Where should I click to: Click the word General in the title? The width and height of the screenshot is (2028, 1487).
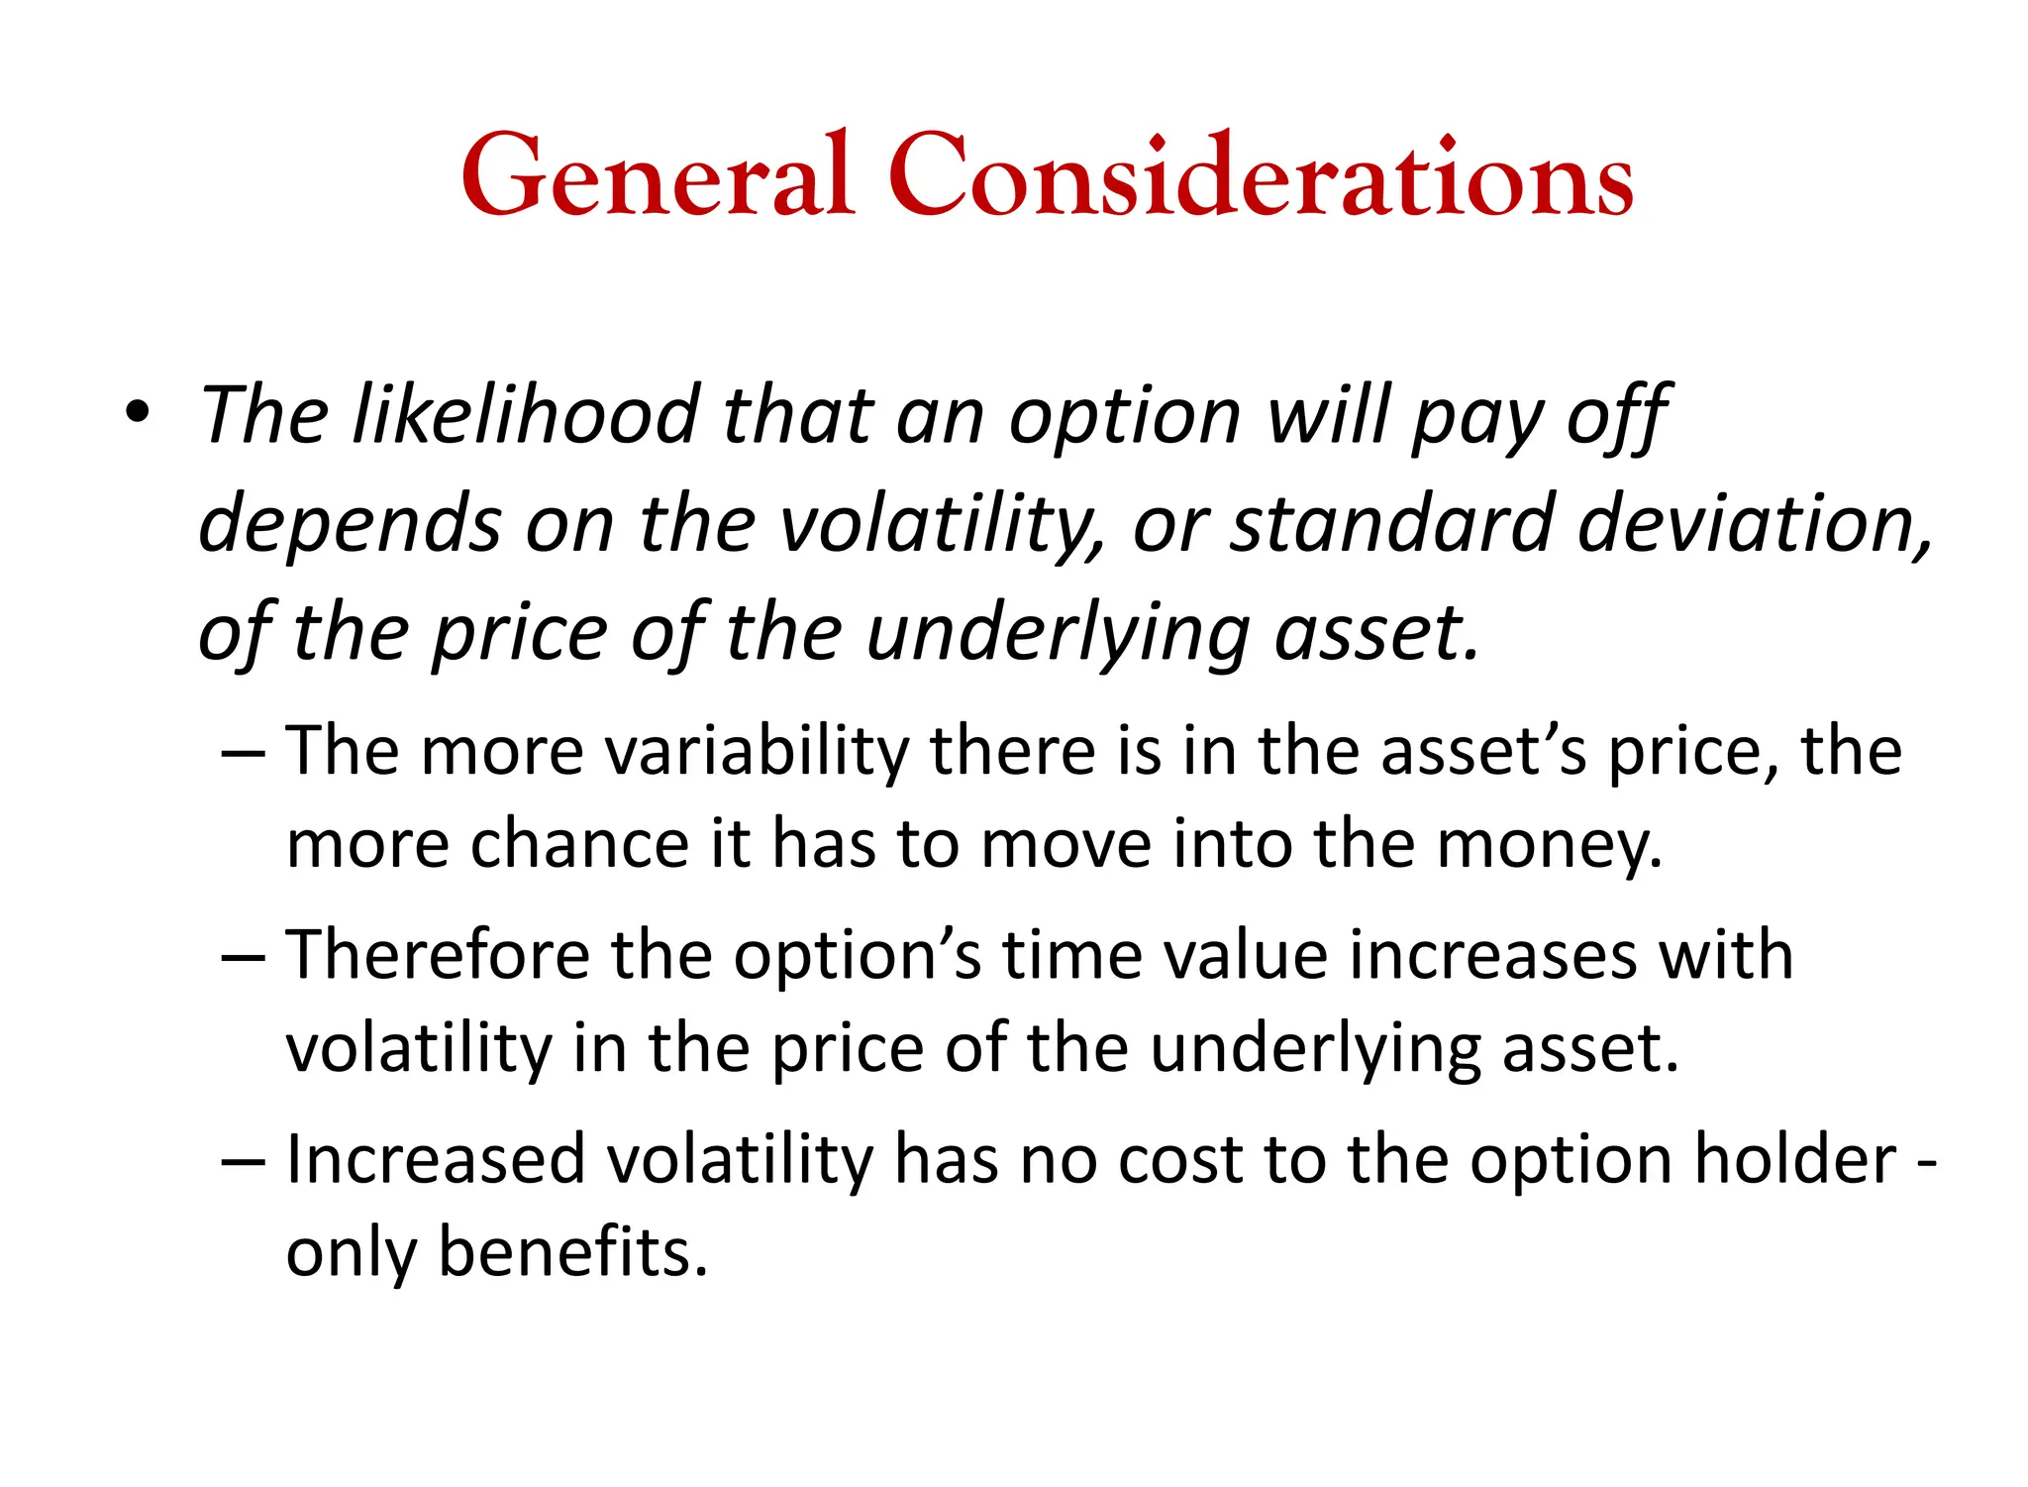point(658,176)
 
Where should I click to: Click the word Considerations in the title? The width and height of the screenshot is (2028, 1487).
point(1260,176)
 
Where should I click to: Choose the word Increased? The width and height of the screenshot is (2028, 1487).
point(436,1160)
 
